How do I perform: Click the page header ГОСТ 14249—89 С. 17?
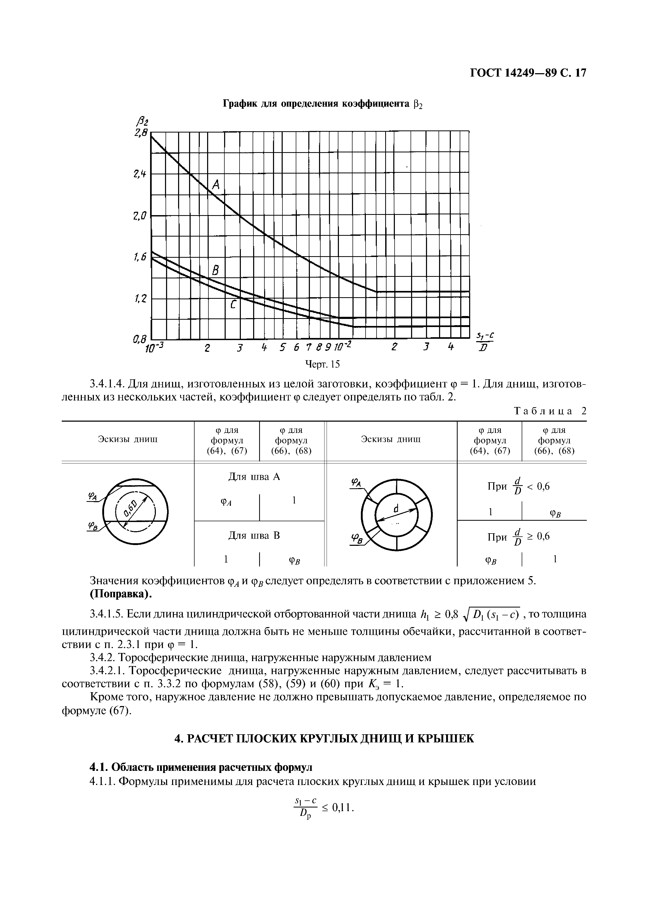[527, 73]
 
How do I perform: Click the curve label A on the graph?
[216, 185]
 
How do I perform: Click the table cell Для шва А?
[254, 477]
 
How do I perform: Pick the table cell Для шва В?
[254, 535]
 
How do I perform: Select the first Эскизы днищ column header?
[128, 439]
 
